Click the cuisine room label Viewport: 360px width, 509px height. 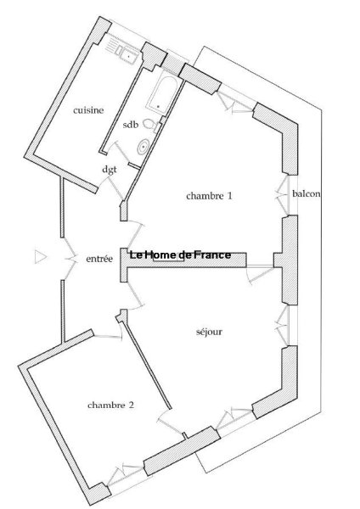pos(88,110)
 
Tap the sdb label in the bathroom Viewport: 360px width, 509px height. pos(131,125)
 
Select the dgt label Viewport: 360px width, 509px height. pos(110,170)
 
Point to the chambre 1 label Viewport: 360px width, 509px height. pos(209,196)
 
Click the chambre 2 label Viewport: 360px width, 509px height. pos(110,406)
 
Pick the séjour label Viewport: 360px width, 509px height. pos(209,332)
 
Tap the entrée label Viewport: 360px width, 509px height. pos(99,259)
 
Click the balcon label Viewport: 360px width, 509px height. pos(307,193)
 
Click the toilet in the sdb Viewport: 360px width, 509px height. pos(151,126)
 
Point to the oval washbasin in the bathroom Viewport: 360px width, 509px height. pos(143,148)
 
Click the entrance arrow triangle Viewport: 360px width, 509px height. pos(41,257)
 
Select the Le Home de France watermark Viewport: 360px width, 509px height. pos(180,255)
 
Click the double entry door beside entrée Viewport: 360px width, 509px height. pos(69,259)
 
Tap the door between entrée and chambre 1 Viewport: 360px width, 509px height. pos(136,234)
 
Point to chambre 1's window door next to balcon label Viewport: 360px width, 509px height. pos(282,195)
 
